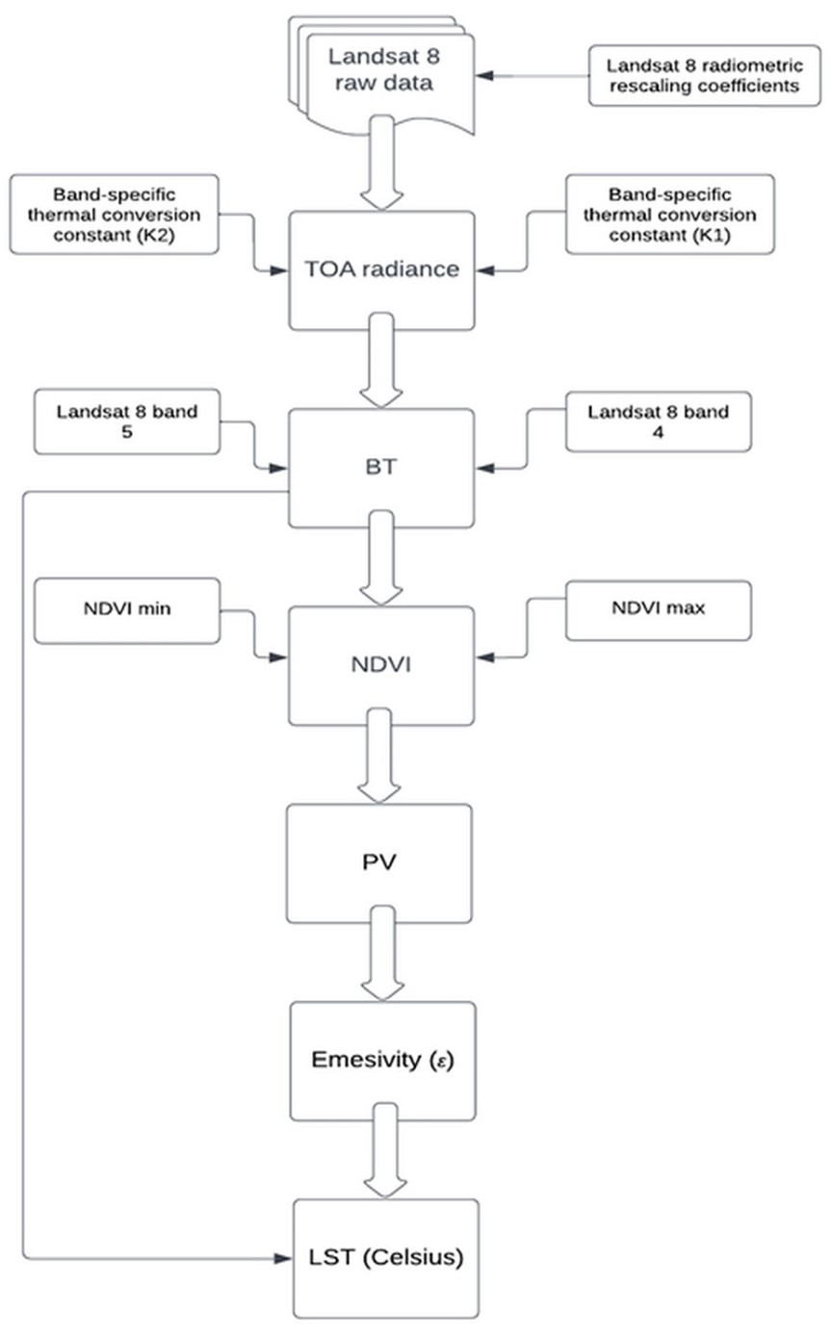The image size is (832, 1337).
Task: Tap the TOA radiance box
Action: point(382,270)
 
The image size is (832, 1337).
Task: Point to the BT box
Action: point(381,468)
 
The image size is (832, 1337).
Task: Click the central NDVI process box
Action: point(381,664)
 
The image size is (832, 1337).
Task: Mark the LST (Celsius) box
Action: point(385,1258)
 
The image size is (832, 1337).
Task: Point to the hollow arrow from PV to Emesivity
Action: point(381,963)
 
